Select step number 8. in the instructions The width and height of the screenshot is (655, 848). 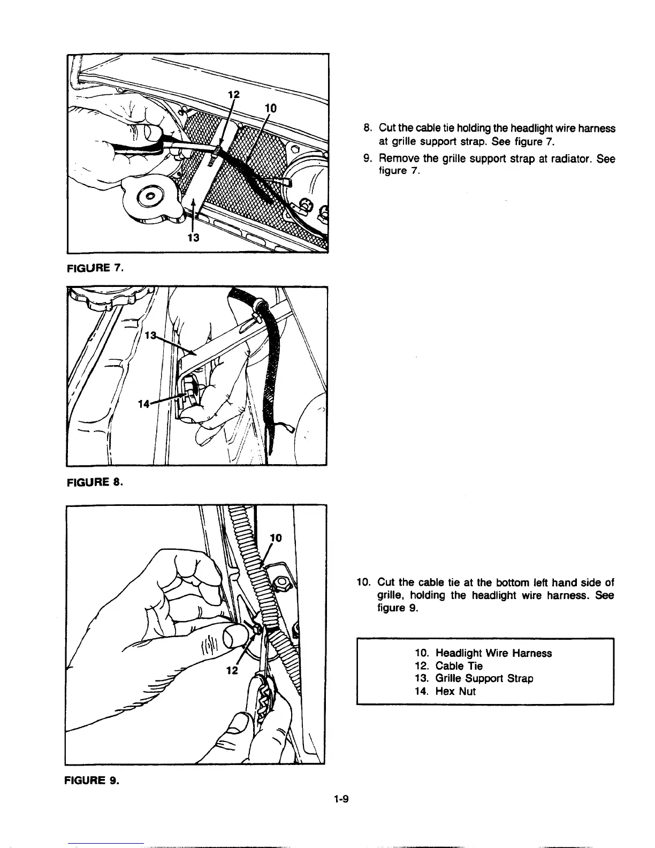(x=367, y=128)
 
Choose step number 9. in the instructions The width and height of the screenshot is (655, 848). (x=367, y=160)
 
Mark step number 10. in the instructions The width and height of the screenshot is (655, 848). (x=364, y=582)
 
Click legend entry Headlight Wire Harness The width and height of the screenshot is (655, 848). (x=483, y=653)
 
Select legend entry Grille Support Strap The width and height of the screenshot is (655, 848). (x=474, y=678)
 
